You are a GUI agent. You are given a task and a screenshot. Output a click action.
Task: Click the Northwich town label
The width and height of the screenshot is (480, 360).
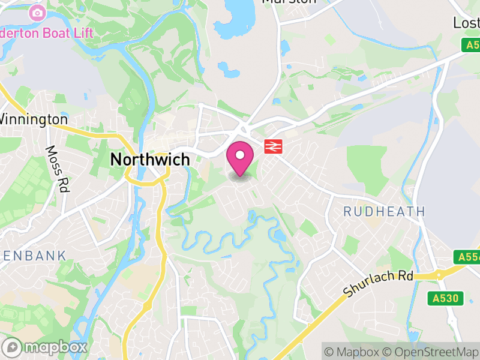coord(150,160)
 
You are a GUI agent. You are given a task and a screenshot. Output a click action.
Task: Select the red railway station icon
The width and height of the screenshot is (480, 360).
coord(273,146)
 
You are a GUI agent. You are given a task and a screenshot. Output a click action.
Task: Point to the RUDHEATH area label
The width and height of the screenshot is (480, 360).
coord(384,211)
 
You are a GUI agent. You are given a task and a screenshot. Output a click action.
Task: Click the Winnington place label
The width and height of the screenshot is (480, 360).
coord(34,119)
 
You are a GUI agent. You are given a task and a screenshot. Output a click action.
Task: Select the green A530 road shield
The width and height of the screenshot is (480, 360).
coord(447,298)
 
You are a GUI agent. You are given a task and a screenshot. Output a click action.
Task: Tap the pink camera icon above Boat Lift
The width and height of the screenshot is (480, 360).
coord(38,12)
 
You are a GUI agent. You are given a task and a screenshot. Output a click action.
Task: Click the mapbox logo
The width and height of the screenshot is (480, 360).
coord(46,347)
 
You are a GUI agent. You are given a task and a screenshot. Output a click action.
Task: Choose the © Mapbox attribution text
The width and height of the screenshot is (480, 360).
coord(356,352)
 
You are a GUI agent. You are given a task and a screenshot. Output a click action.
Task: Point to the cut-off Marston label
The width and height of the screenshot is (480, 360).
coord(289,2)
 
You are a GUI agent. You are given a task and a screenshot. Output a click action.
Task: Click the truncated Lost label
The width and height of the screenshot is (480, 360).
coord(466,23)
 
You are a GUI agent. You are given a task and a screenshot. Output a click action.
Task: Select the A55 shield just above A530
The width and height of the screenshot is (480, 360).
coord(467,257)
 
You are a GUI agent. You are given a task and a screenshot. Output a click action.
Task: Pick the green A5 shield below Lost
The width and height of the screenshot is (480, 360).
coord(471,45)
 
